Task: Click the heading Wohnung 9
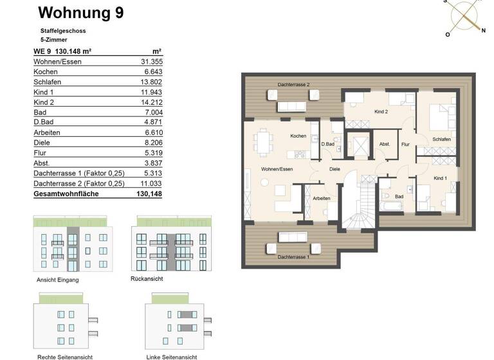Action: point(81,12)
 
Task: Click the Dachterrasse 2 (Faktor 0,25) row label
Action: point(78,183)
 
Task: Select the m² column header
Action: point(156,51)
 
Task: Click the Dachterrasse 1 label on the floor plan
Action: point(293,256)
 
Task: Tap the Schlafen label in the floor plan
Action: point(441,139)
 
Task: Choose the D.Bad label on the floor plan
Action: point(328,144)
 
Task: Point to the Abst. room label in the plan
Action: point(385,144)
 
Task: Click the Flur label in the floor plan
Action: point(405,145)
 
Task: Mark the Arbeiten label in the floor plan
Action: point(321,198)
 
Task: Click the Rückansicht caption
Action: point(146,279)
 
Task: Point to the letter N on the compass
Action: point(483,30)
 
